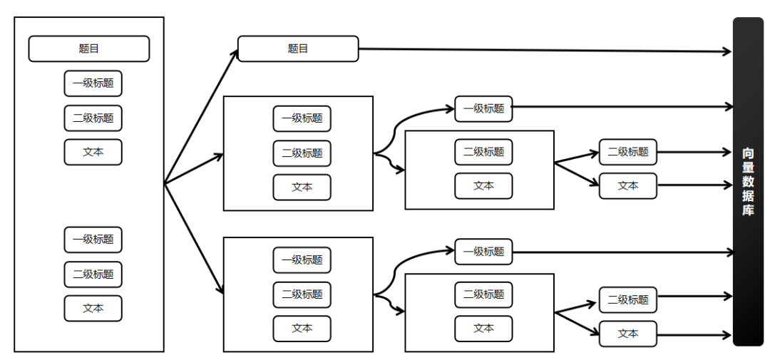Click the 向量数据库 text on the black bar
747,182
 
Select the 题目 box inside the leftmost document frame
89,48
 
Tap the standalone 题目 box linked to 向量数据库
298,48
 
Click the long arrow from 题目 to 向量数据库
545,50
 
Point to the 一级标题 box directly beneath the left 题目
93,83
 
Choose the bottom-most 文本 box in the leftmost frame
93,309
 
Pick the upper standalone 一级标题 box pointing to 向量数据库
483,108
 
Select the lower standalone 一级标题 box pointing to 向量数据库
483,252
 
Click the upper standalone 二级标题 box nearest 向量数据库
628,152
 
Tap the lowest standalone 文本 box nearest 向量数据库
628,334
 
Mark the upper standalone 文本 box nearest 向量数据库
628,185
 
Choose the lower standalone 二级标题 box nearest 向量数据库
628,299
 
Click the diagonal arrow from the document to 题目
201,116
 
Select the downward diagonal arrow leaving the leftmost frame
194,240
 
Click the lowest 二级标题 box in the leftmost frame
93,274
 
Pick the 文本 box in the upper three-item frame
302,187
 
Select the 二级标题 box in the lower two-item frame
483,294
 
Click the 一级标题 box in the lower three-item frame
302,259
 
